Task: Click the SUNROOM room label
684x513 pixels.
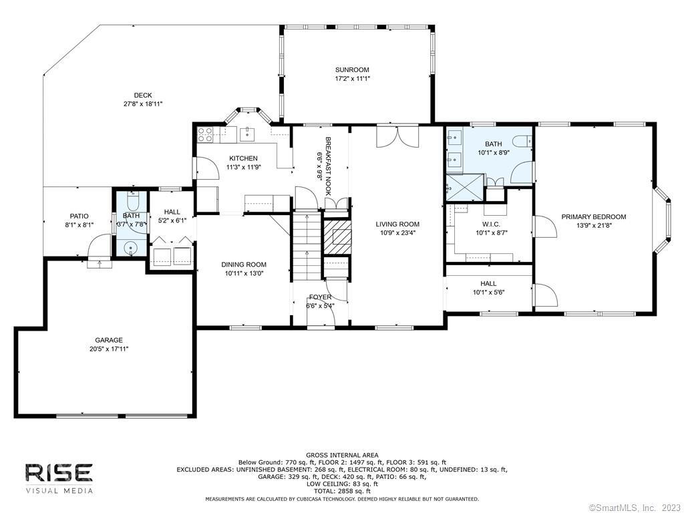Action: pyautogui.click(x=352, y=69)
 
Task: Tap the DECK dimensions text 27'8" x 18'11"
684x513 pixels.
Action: pyautogui.click(x=143, y=104)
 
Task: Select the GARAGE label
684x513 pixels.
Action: pyautogui.click(x=109, y=340)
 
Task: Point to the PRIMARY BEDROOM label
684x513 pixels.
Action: pyautogui.click(x=594, y=217)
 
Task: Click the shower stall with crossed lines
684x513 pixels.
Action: pyautogui.click(x=465, y=187)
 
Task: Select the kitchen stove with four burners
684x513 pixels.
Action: pyautogui.click(x=205, y=135)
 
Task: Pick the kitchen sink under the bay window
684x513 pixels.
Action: pyautogui.click(x=247, y=134)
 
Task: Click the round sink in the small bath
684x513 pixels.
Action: pyautogui.click(x=130, y=248)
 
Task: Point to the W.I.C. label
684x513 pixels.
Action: pyautogui.click(x=491, y=224)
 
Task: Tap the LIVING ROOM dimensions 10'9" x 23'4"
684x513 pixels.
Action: pyautogui.click(x=397, y=233)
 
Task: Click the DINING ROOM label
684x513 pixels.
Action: pyautogui.click(x=244, y=265)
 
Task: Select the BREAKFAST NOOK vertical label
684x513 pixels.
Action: pyautogui.click(x=328, y=166)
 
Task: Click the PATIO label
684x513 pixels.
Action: pyautogui.click(x=79, y=216)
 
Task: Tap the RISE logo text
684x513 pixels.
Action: pyautogui.click(x=59, y=473)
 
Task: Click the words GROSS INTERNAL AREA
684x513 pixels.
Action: pyautogui.click(x=342, y=455)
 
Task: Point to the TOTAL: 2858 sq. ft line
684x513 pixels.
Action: pyautogui.click(x=342, y=491)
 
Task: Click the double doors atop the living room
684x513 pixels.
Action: pyautogui.click(x=397, y=136)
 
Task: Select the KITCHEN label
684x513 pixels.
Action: pyautogui.click(x=243, y=158)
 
